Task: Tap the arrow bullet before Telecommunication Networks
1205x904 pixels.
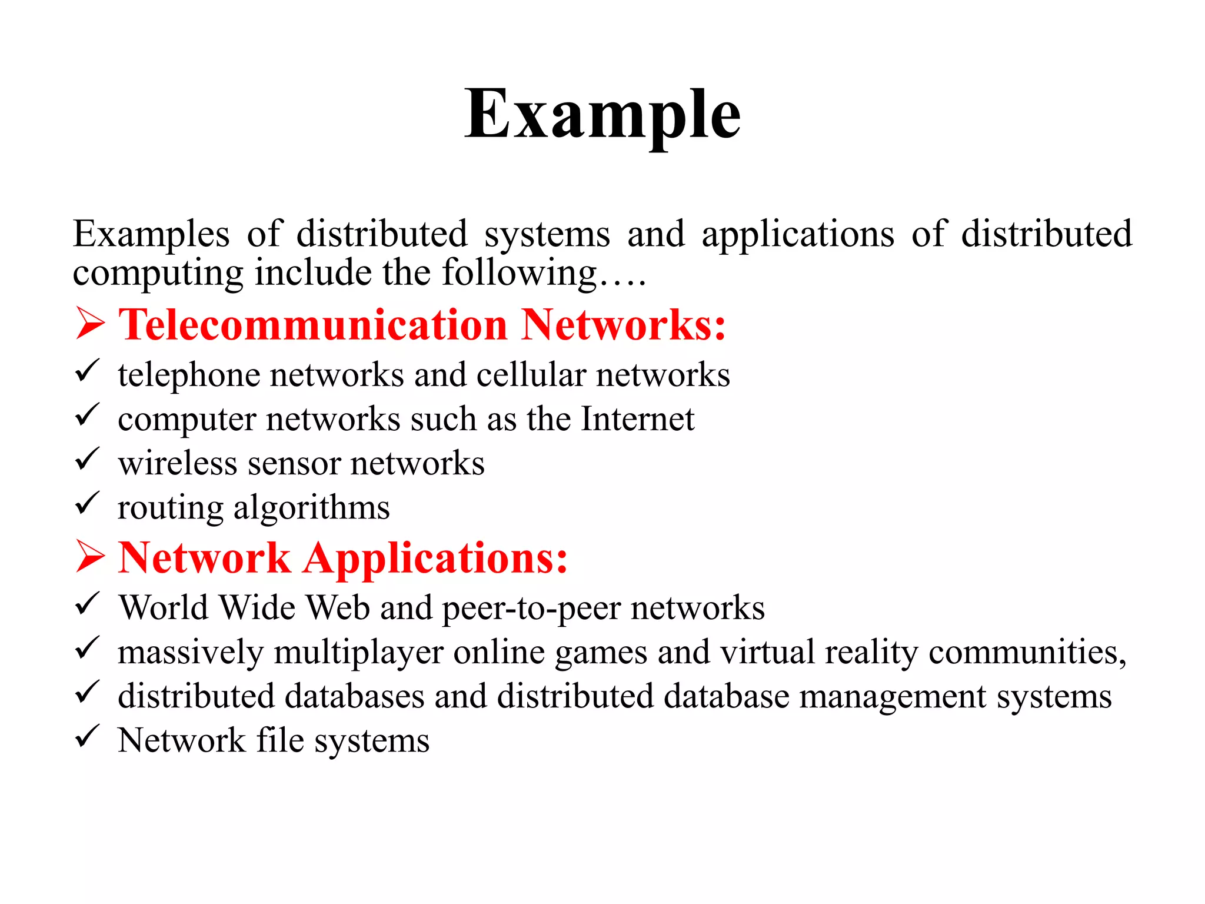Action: coord(90,324)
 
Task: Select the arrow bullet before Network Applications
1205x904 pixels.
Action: coord(90,557)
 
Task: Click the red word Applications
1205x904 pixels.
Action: coord(436,558)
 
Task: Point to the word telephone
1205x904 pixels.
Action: coord(188,375)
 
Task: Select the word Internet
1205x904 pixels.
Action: coord(638,419)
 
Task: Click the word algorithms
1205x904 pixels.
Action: coord(312,507)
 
